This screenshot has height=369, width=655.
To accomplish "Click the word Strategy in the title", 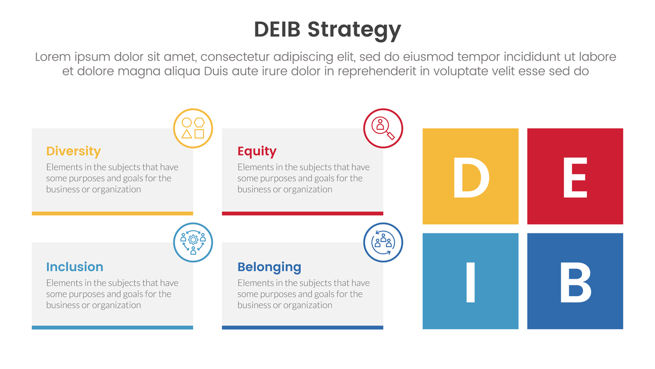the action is tap(354, 31).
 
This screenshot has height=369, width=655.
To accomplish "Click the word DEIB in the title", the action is tap(277, 30).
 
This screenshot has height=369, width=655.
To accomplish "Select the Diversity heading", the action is tap(73, 151).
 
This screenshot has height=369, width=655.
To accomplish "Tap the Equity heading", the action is tap(257, 151).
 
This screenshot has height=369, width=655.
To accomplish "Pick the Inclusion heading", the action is tap(75, 267).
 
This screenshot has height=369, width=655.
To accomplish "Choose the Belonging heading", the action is tap(269, 267).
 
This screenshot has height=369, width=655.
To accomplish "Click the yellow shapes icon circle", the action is tap(193, 128).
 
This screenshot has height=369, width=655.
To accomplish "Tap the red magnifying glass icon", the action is tap(383, 128).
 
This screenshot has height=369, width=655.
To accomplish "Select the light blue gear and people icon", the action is tap(193, 243).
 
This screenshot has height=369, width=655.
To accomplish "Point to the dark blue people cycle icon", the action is tap(383, 243).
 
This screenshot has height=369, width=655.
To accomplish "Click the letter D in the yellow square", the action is tap(471, 178).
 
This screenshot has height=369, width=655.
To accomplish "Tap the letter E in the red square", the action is tap(575, 178).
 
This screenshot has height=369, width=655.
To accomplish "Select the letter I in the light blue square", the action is tap(471, 282).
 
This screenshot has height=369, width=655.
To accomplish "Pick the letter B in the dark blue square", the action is tap(575, 282).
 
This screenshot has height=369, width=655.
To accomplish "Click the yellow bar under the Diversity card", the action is tap(112, 214).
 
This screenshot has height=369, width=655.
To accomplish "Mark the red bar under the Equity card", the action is tap(302, 214).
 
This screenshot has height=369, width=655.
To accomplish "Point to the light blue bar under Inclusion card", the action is tap(112, 327).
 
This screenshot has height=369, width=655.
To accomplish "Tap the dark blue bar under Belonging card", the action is tap(302, 327).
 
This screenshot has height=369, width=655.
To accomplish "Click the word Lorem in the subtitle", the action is tap(53, 56).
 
